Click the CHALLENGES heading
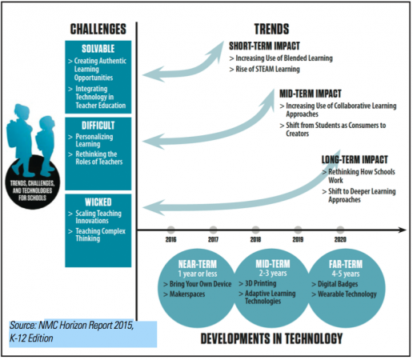click(98, 29)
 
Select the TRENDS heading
click(271, 29)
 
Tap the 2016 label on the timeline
click(170, 239)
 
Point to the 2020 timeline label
click(340, 239)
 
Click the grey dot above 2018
click(255, 230)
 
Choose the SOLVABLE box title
click(98, 49)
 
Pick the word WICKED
click(98, 202)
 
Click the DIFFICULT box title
click(98, 126)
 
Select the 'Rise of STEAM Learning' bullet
click(265, 70)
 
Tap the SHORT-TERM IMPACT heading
click(264, 46)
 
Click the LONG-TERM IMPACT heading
click(355, 159)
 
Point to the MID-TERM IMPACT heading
click(311, 94)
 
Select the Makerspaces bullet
click(184, 294)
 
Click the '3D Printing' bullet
click(258, 283)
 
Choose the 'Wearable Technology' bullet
click(344, 294)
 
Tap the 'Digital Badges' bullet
click(335, 284)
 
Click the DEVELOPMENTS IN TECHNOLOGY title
click(271, 338)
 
